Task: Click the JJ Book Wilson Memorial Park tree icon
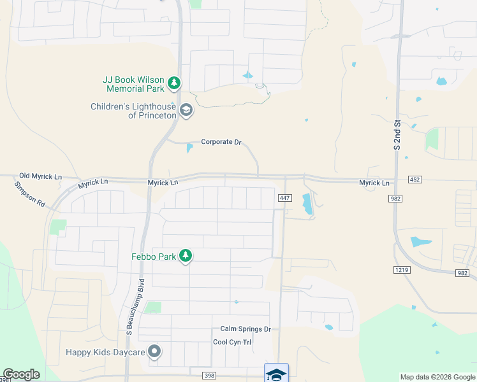tap(173, 83)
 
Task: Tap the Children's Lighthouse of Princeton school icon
tap(186, 111)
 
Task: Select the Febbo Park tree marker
tap(186, 256)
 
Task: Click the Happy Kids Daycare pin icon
tap(154, 351)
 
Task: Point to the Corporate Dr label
tap(221, 142)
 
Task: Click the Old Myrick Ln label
tap(41, 176)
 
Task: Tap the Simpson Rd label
tap(29, 194)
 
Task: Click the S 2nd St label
tap(396, 135)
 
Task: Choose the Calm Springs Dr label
tap(246, 329)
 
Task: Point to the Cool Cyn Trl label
tap(232, 343)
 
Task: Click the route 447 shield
tap(285, 199)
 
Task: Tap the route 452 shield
tap(415, 180)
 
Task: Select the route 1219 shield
tap(401, 270)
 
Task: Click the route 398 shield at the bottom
tap(209, 376)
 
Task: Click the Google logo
tap(21, 374)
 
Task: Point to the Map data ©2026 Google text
tap(437, 377)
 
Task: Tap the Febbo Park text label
tap(153, 257)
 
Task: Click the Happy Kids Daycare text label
tap(106, 351)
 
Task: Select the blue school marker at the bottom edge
tap(276, 373)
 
